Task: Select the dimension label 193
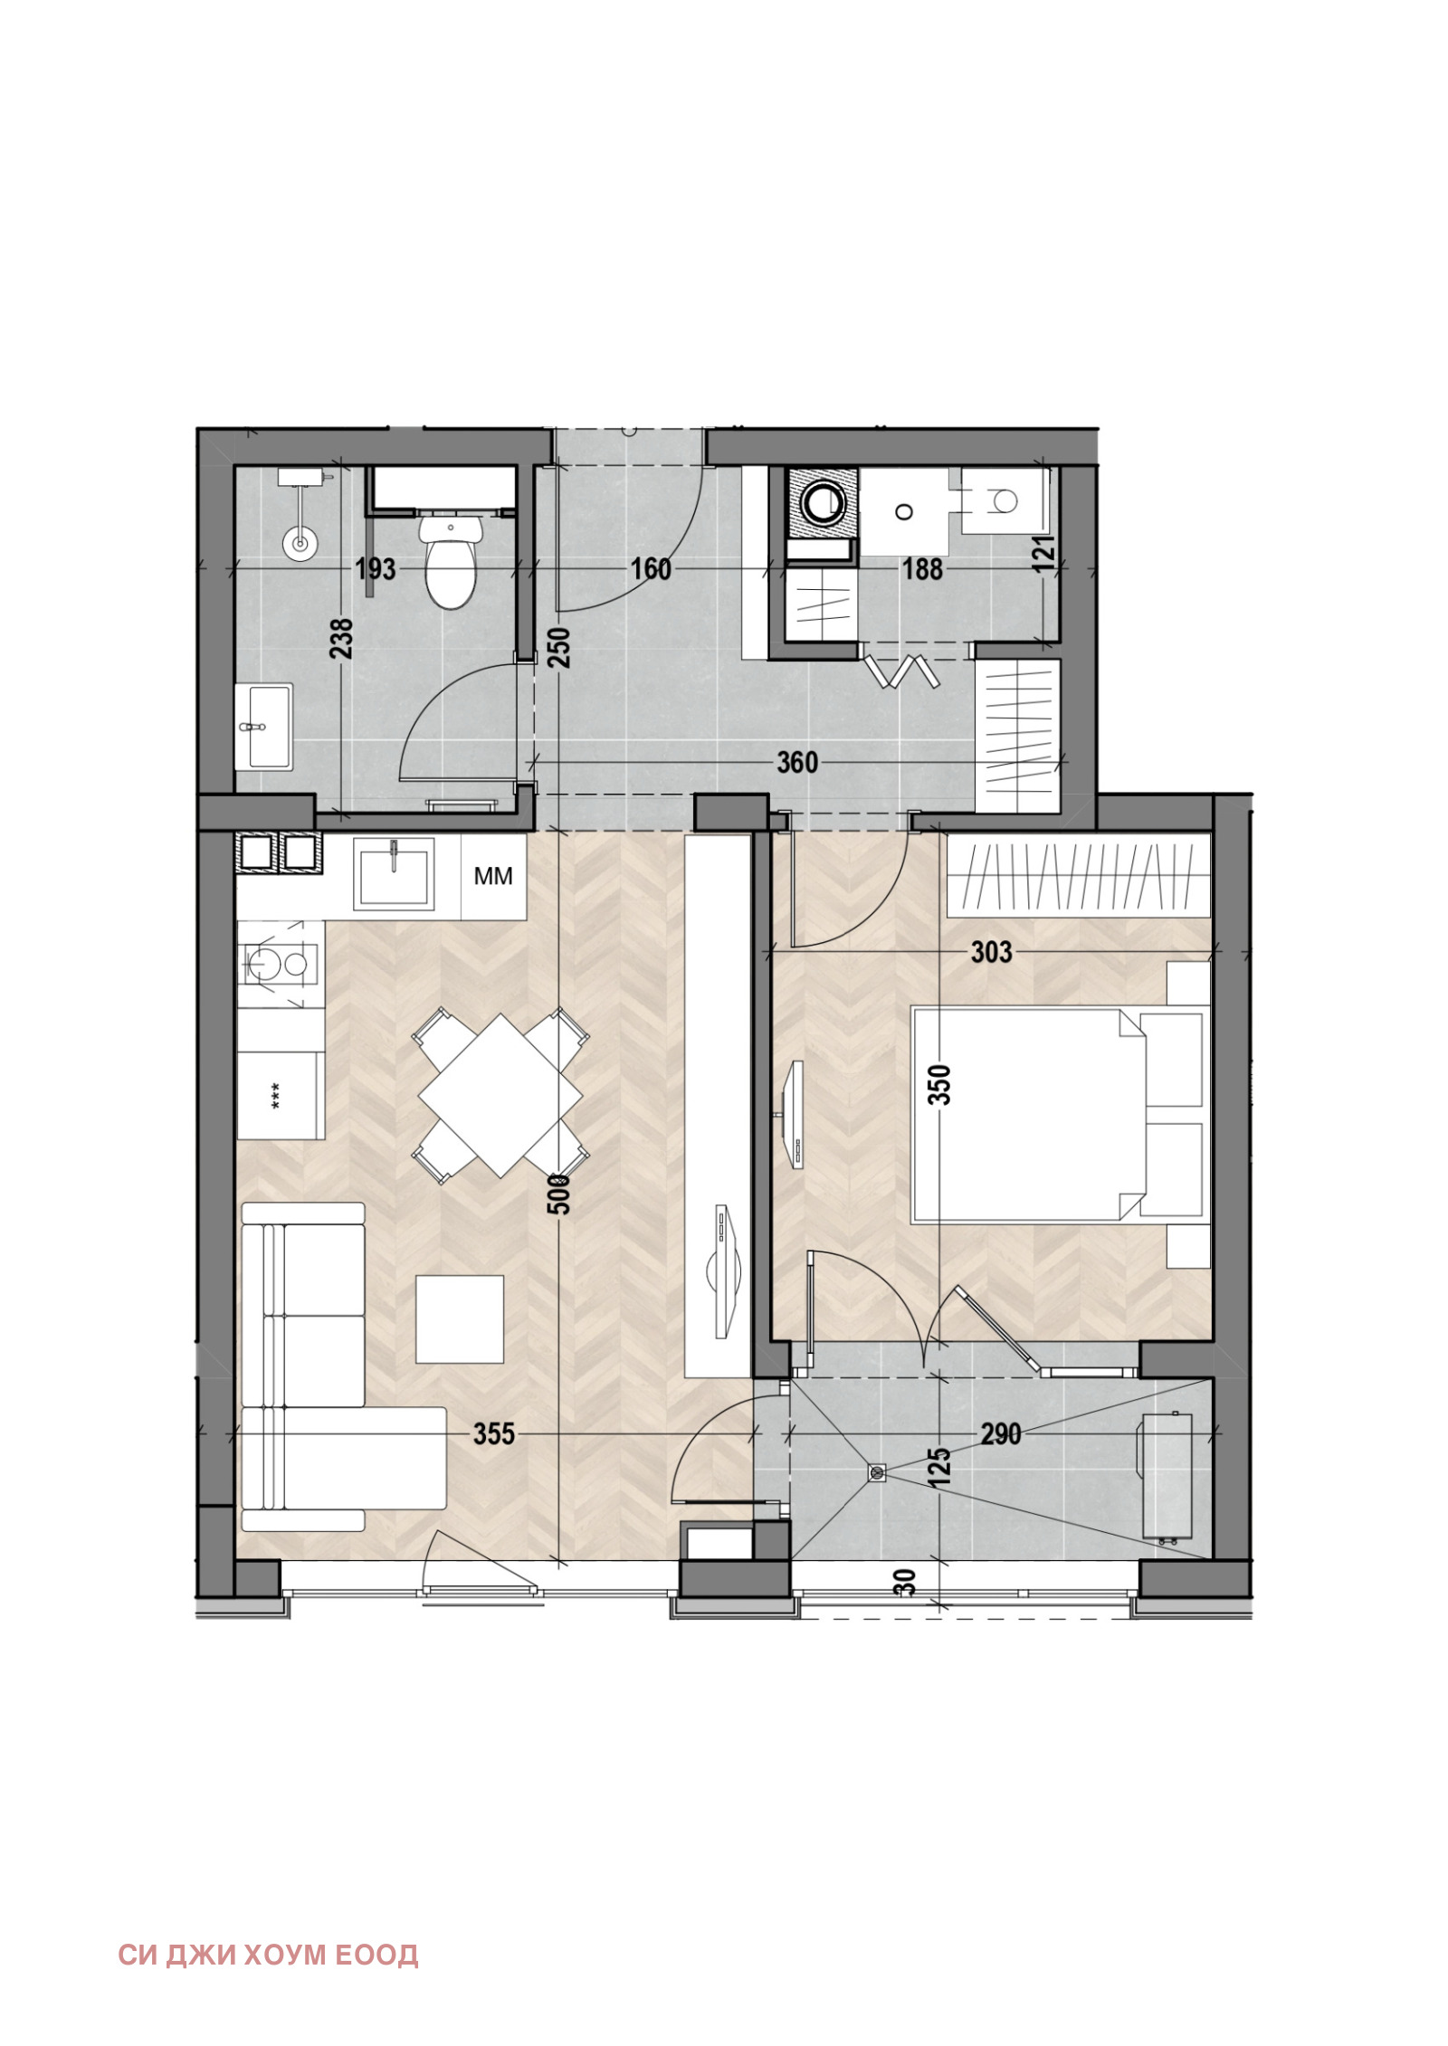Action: [375, 569]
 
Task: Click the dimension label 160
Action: [651, 569]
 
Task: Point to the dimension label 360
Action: [797, 763]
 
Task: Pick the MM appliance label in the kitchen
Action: [493, 876]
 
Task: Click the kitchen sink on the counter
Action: [394, 872]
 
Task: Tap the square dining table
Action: [500, 1095]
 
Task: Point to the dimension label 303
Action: [991, 952]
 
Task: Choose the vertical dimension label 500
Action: [561, 1194]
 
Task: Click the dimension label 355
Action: [494, 1434]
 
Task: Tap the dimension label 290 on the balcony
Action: [1001, 1434]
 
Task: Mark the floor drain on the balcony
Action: [877, 1473]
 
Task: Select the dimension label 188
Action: [922, 569]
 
